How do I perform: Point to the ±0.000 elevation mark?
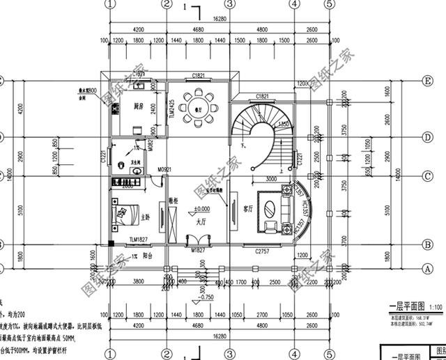point(202,209)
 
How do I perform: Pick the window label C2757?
point(262,249)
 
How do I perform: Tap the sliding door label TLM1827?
point(139,240)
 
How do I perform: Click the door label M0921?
point(164,169)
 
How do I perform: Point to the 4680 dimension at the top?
point(199,30)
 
